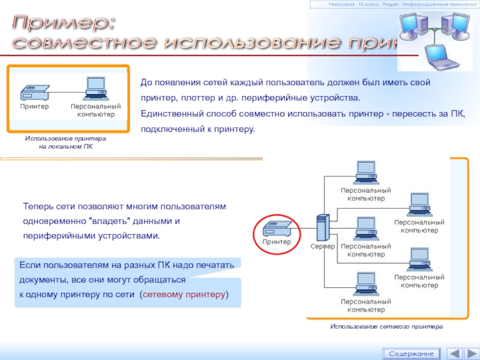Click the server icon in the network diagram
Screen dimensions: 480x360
click(322, 228)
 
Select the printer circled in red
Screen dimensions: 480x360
click(276, 229)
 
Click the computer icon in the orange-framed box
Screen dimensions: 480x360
click(95, 89)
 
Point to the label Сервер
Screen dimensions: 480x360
click(322, 247)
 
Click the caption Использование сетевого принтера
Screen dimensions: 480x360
click(386, 326)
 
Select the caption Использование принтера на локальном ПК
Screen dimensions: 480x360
click(65, 142)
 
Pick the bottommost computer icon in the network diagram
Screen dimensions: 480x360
click(365, 283)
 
